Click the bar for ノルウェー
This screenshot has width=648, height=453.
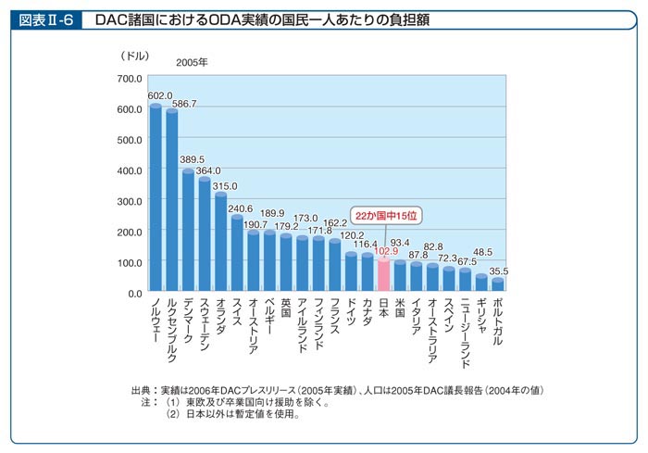pyautogui.click(x=156, y=199)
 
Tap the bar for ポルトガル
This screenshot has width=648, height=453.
pyautogui.click(x=498, y=286)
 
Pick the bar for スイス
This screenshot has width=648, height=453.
pyautogui.click(x=237, y=255)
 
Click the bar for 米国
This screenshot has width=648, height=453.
pyautogui.click(x=401, y=277)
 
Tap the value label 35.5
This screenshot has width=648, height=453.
pyautogui.click(x=499, y=271)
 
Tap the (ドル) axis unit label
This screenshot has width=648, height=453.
pyautogui.click(x=134, y=57)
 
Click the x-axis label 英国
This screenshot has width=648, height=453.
pyautogui.click(x=286, y=311)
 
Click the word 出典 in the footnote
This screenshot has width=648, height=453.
pyautogui.click(x=143, y=391)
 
